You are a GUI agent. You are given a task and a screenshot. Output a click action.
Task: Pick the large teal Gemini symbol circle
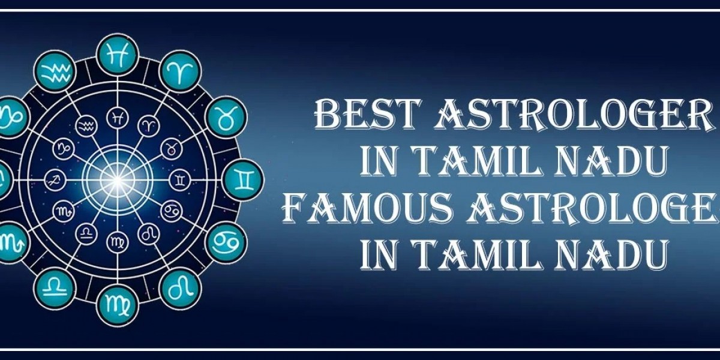click(242, 178)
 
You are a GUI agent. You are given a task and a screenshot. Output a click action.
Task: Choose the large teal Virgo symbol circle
click(117, 304)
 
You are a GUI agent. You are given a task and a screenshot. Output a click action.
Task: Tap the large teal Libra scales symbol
click(56, 287)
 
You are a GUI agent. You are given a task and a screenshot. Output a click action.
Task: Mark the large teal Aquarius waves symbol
click(55, 72)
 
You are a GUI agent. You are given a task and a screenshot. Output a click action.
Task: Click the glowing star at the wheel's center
click(118, 178)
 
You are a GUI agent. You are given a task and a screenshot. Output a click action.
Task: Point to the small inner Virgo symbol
click(117, 241)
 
